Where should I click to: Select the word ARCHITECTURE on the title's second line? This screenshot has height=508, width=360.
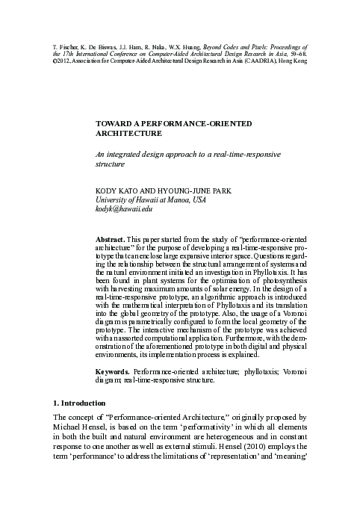click(128, 133)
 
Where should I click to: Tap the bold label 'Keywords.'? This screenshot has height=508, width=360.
click(114, 371)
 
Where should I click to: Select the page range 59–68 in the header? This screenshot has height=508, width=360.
click(294, 54)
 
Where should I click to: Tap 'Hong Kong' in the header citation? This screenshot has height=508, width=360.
click(293, 61)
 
